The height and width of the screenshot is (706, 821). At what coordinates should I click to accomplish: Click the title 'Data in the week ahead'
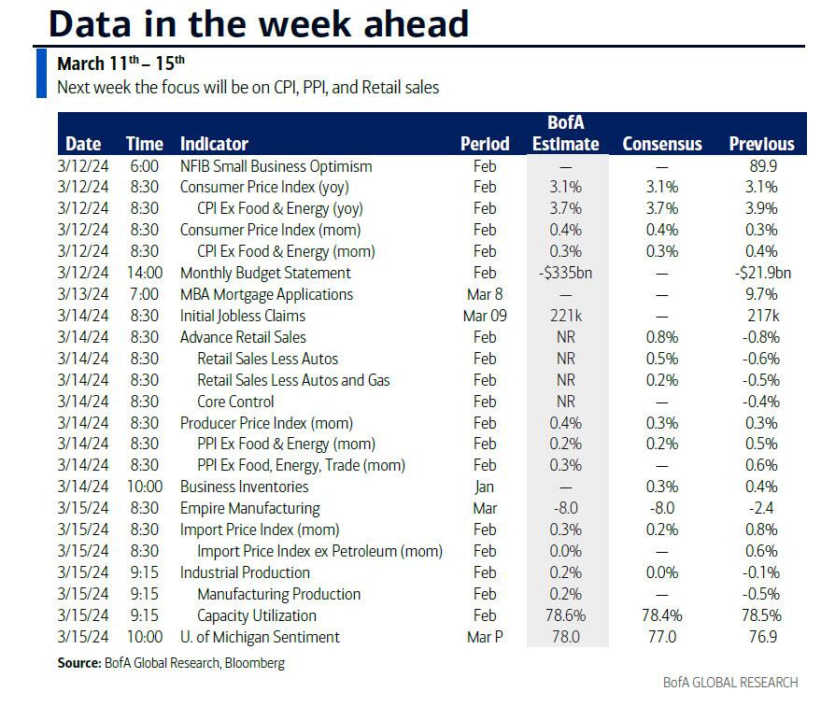click(259, 23)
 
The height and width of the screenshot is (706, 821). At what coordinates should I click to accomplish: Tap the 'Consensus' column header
click(662, 144)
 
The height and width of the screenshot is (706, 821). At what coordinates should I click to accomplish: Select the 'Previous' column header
click(761, 144)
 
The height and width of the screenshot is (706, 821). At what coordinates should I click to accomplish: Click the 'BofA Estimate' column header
click(565, 134)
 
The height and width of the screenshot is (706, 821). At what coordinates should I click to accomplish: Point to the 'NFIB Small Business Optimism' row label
click(276, 166)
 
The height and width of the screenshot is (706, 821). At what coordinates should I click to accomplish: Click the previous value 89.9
click(761, 166)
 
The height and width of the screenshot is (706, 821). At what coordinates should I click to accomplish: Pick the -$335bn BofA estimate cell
click(565, 273)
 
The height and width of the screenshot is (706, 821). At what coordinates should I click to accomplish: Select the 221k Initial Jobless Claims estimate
click(565, 316)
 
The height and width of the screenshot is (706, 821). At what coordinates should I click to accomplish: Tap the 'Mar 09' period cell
click(485, 316)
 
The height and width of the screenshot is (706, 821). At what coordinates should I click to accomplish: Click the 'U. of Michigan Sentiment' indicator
click(260, 637)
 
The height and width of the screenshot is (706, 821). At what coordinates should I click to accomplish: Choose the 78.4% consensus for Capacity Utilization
click(661, 615)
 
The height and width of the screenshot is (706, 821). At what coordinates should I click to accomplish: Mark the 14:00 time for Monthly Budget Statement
click(145, 273)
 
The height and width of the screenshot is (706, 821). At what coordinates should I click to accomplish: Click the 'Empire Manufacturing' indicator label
click(249, 509)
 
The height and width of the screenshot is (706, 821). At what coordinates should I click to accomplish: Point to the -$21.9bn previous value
click(760, 273)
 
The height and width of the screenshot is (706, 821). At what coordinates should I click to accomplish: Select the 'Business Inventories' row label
click(244, 487)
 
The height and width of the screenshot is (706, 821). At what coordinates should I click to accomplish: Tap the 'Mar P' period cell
click(485, 637)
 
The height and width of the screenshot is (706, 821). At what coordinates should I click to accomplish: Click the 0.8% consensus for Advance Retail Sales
click(661, 337)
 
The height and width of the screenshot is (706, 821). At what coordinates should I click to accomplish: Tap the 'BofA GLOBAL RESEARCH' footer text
click(730, 682)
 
